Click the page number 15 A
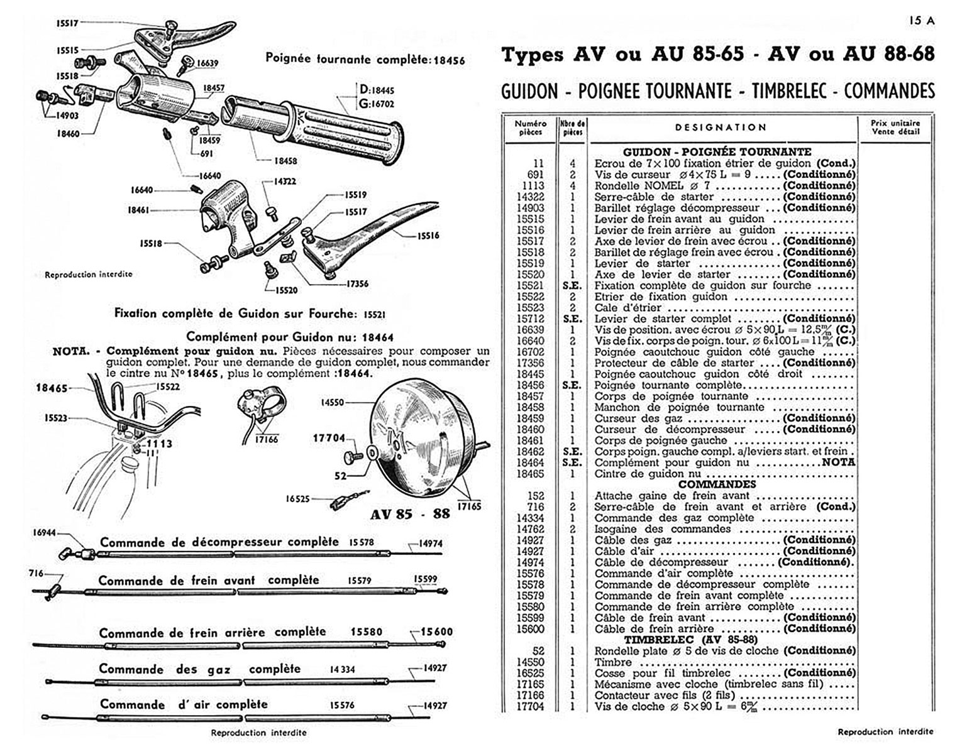pos(922,20)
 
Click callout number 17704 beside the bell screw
pos(329,439)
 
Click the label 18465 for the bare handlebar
pos(52,388)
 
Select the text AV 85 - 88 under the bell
pos(410,513)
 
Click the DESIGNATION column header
pos(721,127)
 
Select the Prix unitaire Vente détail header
pos(895,127)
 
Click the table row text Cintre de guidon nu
pos(648,474)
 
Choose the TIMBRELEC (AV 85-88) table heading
pos(686,640)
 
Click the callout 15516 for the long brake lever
pos(427,236)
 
